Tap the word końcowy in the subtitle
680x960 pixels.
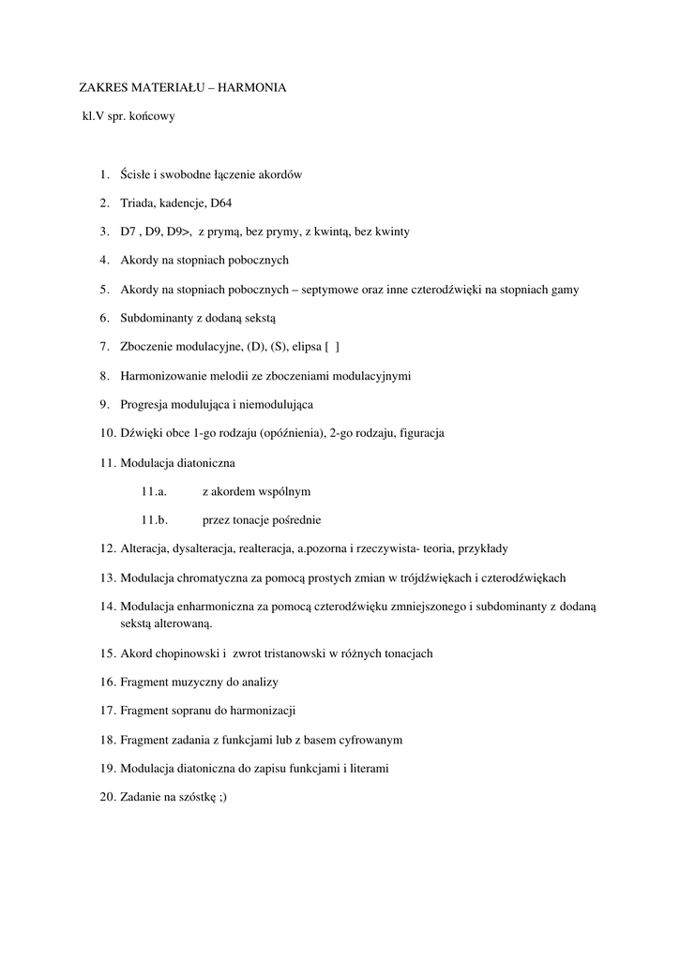point(152,117)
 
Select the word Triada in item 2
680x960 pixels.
point(137,202)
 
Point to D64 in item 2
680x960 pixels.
point(220,202)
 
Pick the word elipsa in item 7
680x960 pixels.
point(302,347)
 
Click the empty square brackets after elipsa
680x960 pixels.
point(331,347)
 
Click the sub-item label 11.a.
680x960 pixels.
point(154,490)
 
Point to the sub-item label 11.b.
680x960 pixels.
point(154,519)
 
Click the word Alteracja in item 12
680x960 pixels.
point(145,548)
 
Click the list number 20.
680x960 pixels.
point(106,797)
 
